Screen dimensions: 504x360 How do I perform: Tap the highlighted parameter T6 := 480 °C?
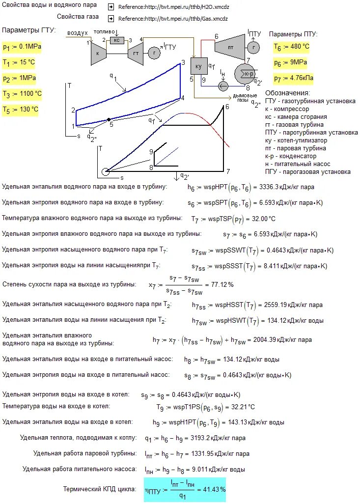coord(292,47)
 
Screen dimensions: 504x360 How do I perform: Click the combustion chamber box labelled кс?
coord(117,40)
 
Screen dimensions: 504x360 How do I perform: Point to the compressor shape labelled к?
coord(98,53)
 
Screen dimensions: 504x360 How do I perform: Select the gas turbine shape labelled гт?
coord(135,53)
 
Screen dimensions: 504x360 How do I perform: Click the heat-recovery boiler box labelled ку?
coord(199,66)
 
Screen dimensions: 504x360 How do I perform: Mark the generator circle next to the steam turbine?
coord(253,47)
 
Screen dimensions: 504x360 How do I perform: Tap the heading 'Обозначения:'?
coord(288,93)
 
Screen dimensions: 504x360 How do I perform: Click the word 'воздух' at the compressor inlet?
coord(78,32)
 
